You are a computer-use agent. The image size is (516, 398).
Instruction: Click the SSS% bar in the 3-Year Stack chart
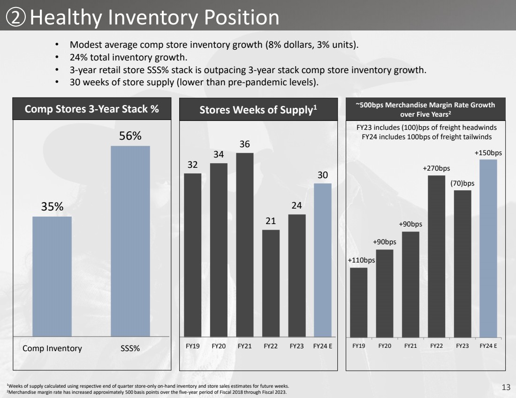point(130,241)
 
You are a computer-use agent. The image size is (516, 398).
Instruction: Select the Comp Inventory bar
point(52,276)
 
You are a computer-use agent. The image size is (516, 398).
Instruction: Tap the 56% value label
point(130,136)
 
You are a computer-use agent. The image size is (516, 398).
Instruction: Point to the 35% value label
point(52,207)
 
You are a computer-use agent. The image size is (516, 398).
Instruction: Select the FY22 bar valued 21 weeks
point(271,283)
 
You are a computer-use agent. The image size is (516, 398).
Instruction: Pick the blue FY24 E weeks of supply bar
point(323,260)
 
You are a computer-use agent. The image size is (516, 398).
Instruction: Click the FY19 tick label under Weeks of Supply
point(192,346)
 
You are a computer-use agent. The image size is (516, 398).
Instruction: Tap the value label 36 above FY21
point(245,144)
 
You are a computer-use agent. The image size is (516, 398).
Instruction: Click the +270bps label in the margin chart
point(437,168)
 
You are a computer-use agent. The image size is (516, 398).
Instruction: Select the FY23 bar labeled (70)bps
point(463,263)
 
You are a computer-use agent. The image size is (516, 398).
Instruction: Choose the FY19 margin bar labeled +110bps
point(359,302)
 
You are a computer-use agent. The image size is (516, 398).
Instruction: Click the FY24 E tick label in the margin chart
point(488,346)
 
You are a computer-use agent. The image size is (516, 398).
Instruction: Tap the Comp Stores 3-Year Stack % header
point(91,109)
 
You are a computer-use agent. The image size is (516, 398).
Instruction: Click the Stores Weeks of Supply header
point(258,110)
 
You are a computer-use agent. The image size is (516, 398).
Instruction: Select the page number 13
point(506,387)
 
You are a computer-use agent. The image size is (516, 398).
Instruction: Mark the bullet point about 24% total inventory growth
point(129,58)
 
